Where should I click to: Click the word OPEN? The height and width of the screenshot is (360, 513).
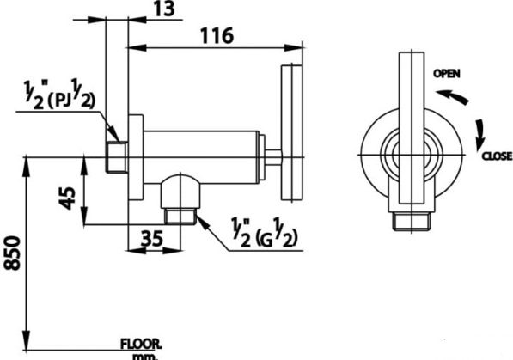[447, 74]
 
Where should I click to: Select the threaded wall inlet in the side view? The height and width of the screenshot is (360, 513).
[117, 156]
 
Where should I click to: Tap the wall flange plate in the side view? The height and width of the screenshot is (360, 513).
[136, 157]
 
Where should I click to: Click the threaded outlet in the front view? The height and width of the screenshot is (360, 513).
[411, 223]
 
